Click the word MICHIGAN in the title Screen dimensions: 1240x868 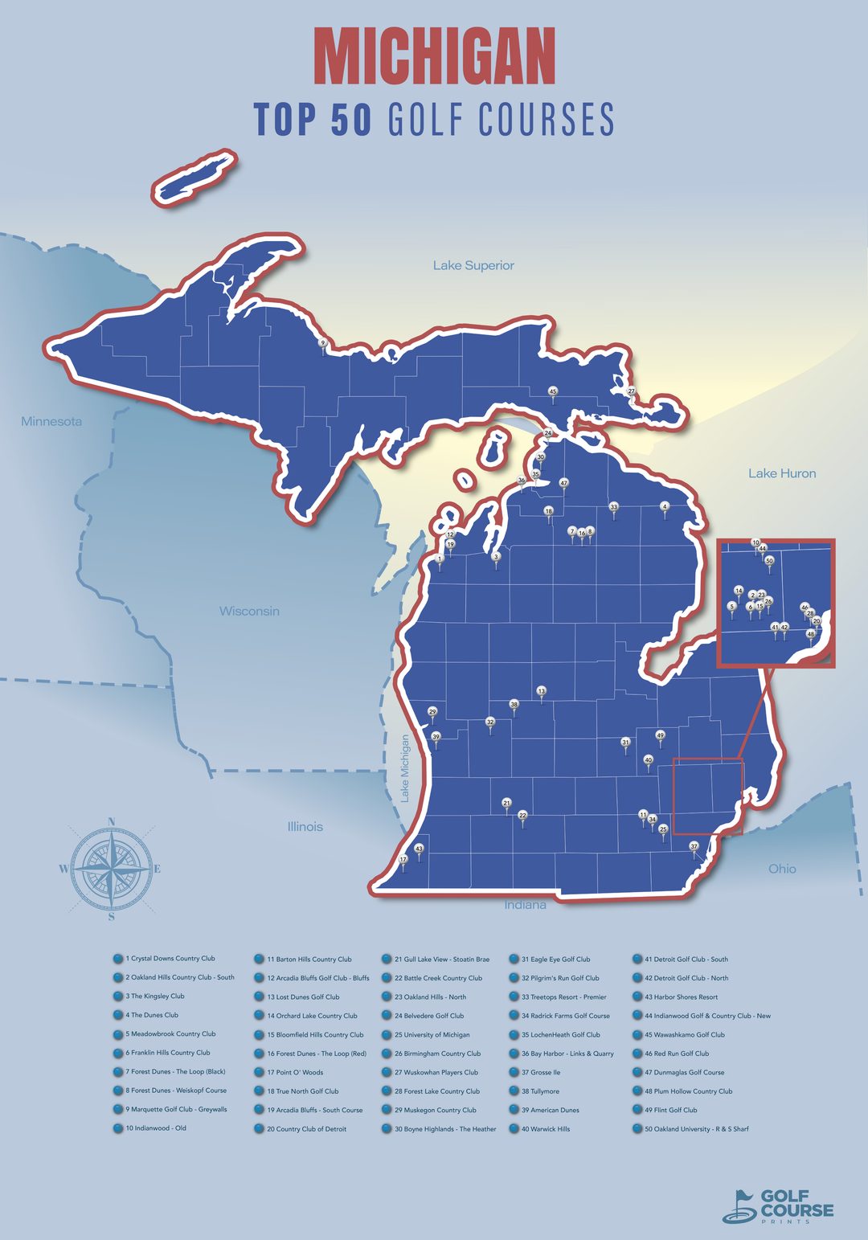click(x=434, y=56)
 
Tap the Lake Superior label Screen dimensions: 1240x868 click(x=473, y=265)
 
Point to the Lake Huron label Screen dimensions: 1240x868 click(x=781, y=473)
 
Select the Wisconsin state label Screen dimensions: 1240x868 click(x=249, y=611)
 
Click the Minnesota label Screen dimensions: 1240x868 click(x=51, y=421)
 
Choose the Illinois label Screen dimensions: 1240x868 click(x=305, y=826)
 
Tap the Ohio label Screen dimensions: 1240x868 click(x=781, y=868)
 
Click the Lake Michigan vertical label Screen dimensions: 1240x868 click(x=404, y=767)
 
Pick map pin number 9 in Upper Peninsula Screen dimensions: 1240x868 click(x=323, y=344)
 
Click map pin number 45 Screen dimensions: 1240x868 click(x=552, y=392)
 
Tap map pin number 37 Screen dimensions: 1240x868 click(x=694, y=847)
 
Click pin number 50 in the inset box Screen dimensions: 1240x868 click(x=769, y=561)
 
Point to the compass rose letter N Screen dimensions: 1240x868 click(x=111, y=821)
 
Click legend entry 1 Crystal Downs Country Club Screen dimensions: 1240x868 click(x=170, y=959)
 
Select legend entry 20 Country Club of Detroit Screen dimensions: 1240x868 click(x=306, y=1129)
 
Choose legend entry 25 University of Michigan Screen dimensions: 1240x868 click(x=432, y=1035)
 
